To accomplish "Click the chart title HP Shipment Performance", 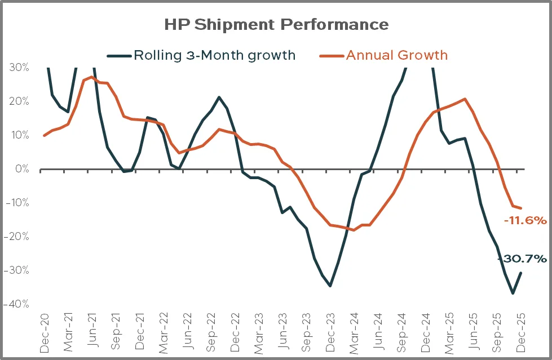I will click(x=276, y=25).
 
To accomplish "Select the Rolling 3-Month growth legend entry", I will click(x=201, y=55).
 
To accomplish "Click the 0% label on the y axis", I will click(x=23, y=169).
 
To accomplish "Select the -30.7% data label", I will click(x=522, y=259).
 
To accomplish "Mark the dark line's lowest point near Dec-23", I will click(x=330, y=286).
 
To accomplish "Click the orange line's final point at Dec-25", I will click(x=520, y=208).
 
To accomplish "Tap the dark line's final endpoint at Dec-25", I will click(x=520, y=273).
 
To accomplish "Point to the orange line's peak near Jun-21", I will click(x=91, y=77).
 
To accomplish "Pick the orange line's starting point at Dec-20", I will click(x=45, y=135).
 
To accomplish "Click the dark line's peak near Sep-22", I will click(x=219, y=97).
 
